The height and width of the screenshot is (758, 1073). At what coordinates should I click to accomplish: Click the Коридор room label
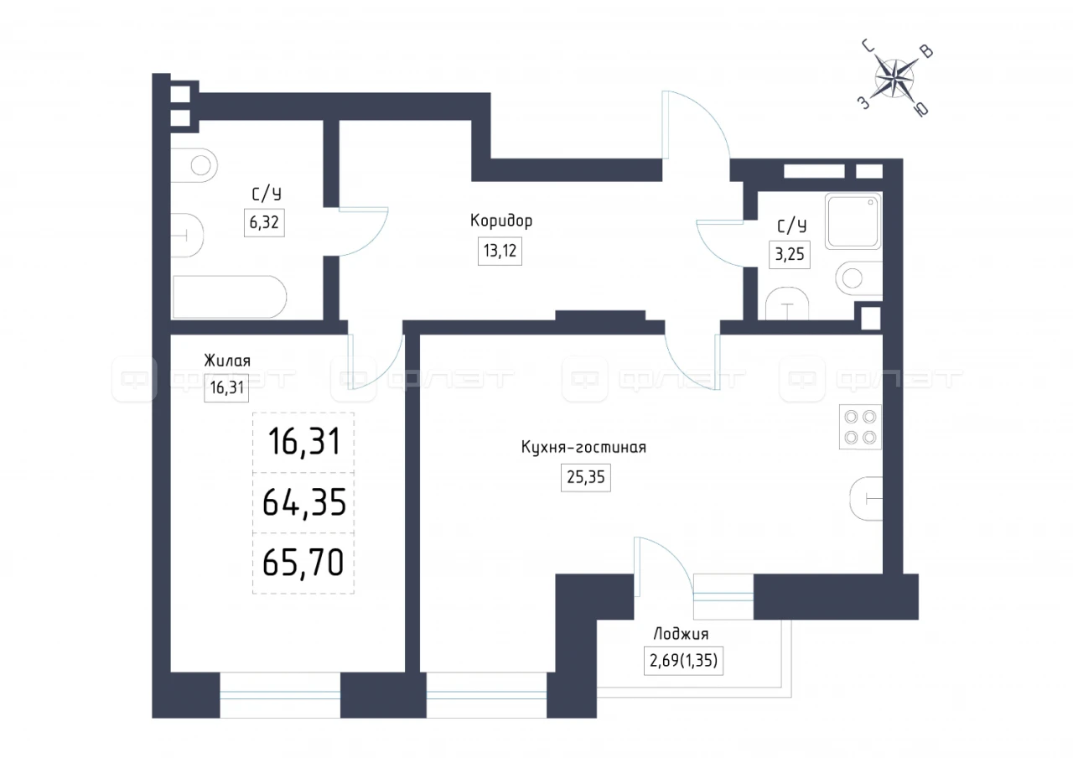tap(501, 221)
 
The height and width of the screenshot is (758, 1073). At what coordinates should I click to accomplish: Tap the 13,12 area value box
tap(500, 251)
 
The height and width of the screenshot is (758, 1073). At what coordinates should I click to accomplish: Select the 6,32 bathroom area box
tap(264, 223)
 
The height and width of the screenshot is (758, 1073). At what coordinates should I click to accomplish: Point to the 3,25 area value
tap(790, 254)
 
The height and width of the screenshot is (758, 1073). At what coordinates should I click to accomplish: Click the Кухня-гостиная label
tap(583, 448)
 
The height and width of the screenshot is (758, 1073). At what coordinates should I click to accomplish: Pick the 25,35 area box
tap(586, 477)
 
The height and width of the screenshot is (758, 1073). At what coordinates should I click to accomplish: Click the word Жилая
tap(227, 361)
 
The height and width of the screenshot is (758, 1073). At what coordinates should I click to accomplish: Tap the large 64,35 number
tap(304, 502)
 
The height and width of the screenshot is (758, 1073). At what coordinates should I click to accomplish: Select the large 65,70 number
tap(303, 562)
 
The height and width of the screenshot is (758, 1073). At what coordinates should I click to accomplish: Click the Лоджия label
tap(681, 635)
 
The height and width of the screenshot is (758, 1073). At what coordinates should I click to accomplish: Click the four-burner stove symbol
tap(860, 427)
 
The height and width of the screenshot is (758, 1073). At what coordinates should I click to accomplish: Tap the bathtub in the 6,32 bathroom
tap(230, 297)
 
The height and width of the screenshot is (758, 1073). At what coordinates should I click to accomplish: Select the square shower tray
tap(853, 221)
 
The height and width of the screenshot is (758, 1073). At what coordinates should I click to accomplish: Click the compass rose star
tap(894, 79)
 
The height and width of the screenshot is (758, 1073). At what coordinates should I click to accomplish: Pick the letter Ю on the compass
tap(921, 110)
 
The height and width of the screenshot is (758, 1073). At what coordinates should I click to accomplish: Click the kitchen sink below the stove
tap(866, 499)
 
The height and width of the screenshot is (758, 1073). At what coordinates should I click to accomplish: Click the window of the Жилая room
tap(280, 695)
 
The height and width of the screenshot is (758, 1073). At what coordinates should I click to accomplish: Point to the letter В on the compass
tap(927, 51)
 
